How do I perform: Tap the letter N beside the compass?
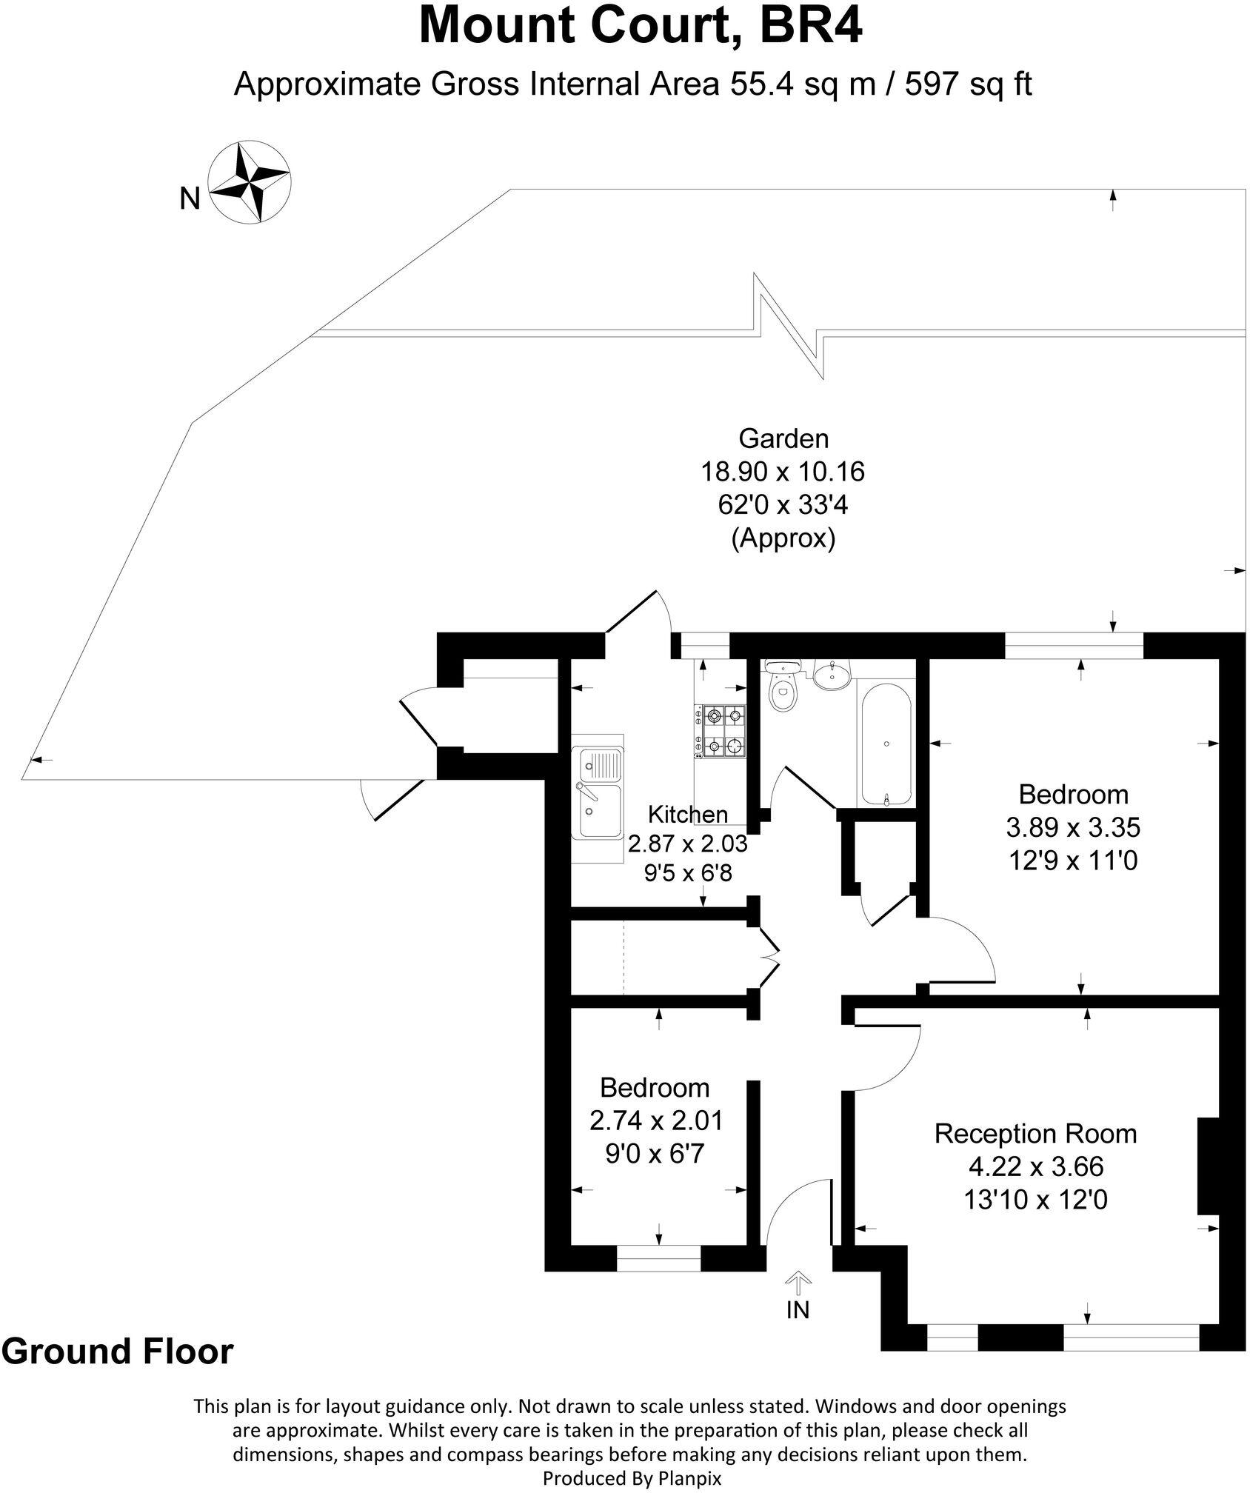[190, 198]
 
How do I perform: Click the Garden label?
[783, 438]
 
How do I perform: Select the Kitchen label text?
[687, 814]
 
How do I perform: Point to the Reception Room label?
[1035, 1133]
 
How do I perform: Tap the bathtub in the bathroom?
[886, 743]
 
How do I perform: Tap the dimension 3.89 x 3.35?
[1073, 827]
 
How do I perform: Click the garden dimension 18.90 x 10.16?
[783, 472]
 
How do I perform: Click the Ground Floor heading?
[118, 1351]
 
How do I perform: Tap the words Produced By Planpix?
[632, 1478]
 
